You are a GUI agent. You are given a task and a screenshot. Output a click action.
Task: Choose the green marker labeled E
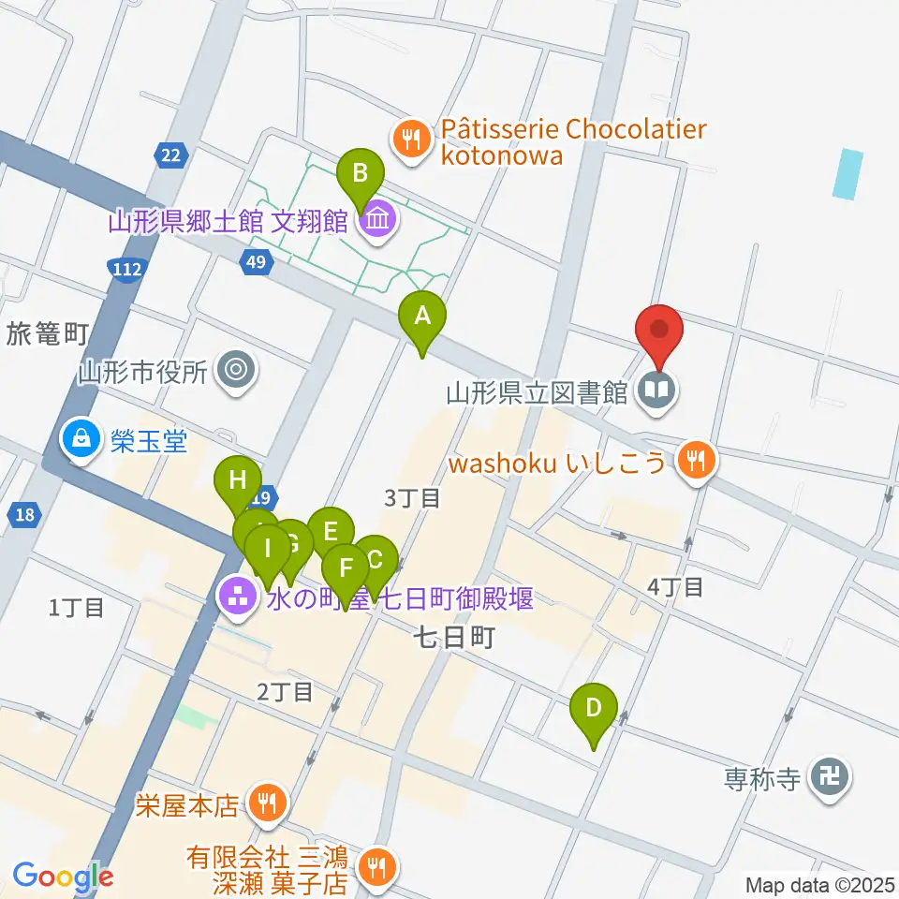click(x=330, y=532)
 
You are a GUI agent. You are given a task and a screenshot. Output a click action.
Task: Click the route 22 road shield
click(x=170, y=155)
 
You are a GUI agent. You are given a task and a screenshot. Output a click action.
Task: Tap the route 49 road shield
click(x=255, y=264)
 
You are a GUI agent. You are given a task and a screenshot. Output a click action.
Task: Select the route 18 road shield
click(x=23, y=513)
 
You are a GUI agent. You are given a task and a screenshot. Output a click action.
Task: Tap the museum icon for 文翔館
click(x=378, y=221)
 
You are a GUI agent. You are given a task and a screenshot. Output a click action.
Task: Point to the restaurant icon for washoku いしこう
click(x=694, y=460)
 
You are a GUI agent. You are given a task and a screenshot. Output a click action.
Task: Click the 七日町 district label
click(x=453, y=639)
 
